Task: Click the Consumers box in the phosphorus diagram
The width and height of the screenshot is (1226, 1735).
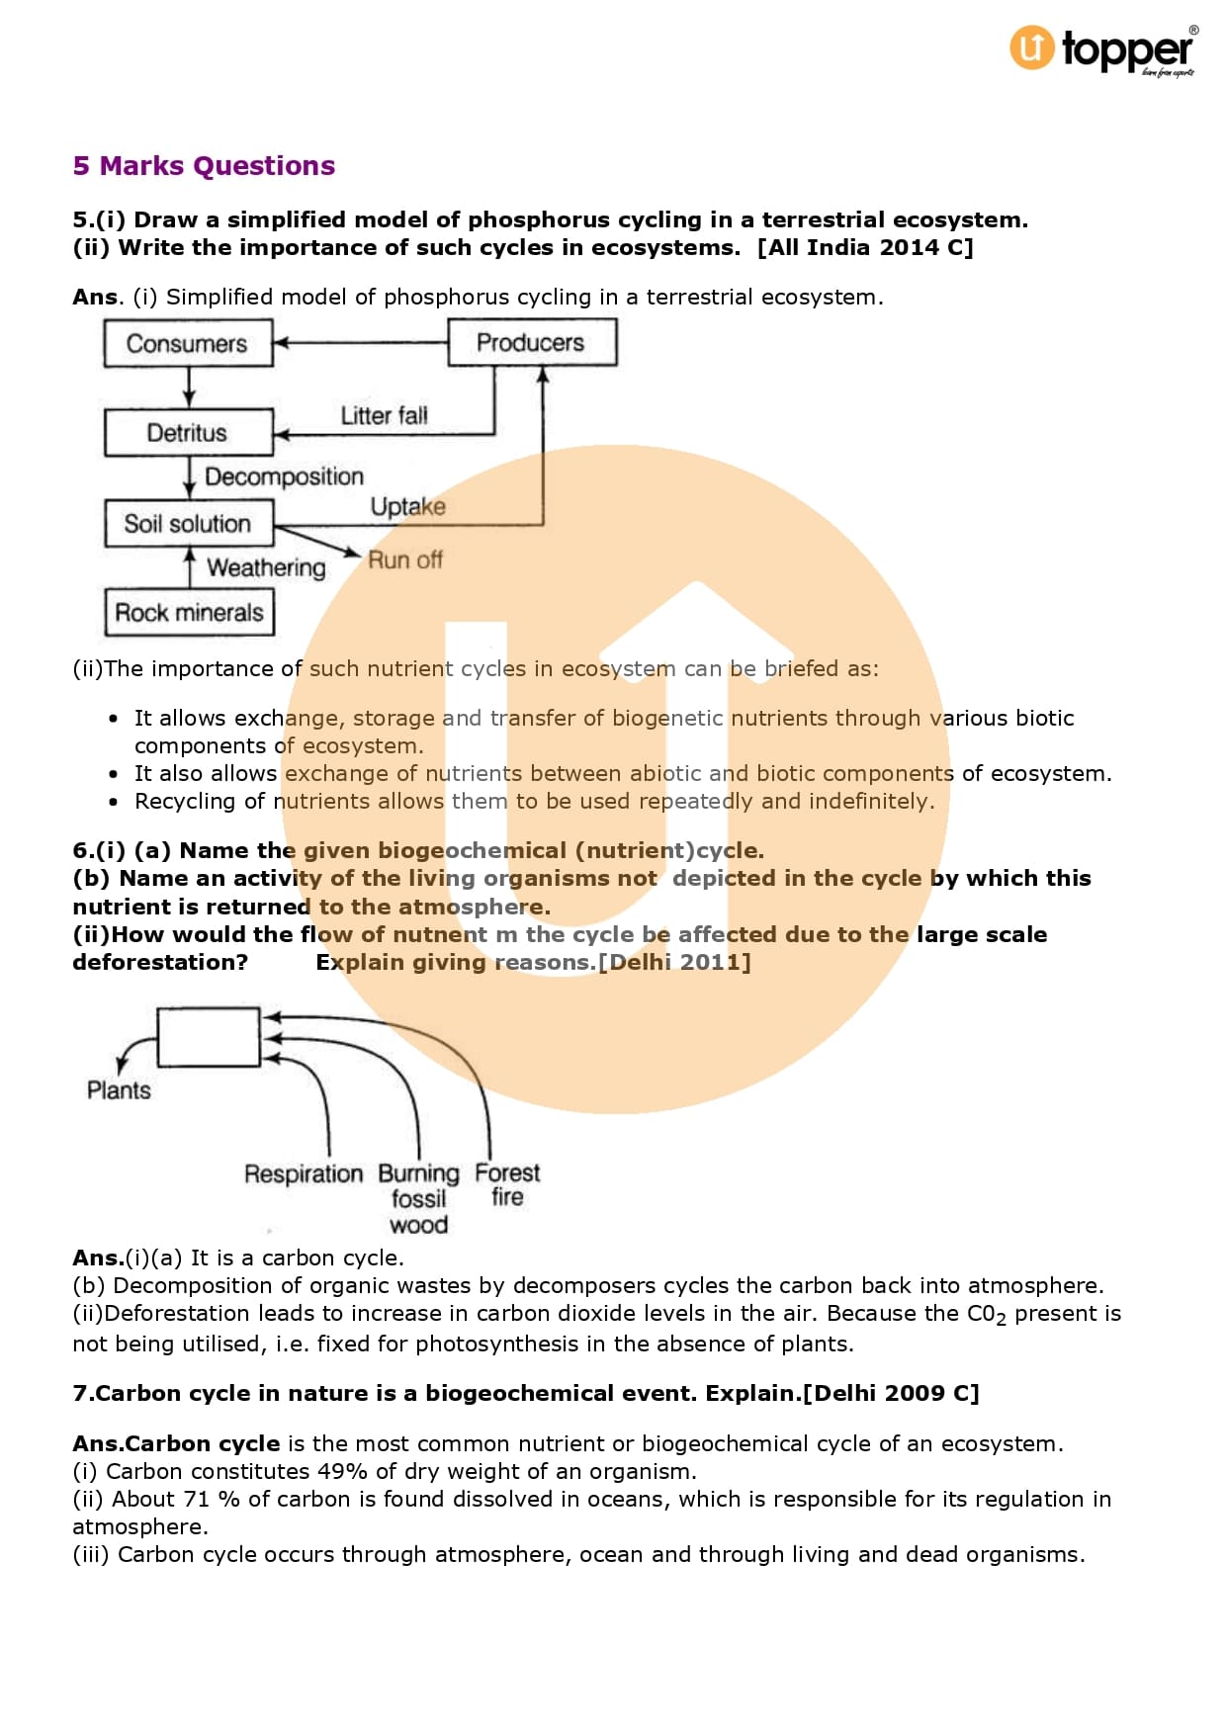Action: point(188,344)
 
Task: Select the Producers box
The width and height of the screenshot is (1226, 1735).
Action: point(532,343)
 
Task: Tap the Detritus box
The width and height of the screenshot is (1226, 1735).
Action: point(188,433)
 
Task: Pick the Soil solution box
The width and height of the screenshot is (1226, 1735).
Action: point(188,524)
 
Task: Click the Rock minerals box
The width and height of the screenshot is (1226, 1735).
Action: point(189,613)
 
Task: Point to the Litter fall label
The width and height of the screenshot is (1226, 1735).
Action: point(384,416)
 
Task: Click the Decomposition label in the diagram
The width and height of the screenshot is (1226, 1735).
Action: point(284,477)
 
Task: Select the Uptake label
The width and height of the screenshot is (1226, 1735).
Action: point(407,507)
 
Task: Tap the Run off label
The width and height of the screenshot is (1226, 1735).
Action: point(404,561)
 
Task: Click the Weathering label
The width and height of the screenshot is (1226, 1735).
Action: point(266,567)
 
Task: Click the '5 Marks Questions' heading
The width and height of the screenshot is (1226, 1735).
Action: point(204,166)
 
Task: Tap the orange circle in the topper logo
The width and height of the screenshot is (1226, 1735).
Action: point(1031,47)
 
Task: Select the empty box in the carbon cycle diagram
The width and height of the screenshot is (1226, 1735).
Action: point(209,1037)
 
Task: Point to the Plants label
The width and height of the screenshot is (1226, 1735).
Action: point(119,1090)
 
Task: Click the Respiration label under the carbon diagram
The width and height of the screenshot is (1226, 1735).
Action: point(304,1174)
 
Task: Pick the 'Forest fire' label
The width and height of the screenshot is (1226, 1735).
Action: point(507,1184)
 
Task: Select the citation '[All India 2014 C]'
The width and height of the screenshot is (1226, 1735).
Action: point(865,248)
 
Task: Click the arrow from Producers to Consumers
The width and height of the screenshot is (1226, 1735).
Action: point(360,343)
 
